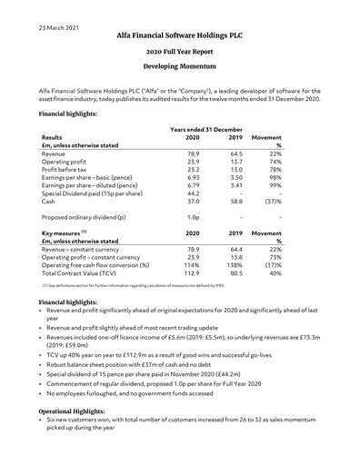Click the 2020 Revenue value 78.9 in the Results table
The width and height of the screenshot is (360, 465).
click(x=192, y=156)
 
